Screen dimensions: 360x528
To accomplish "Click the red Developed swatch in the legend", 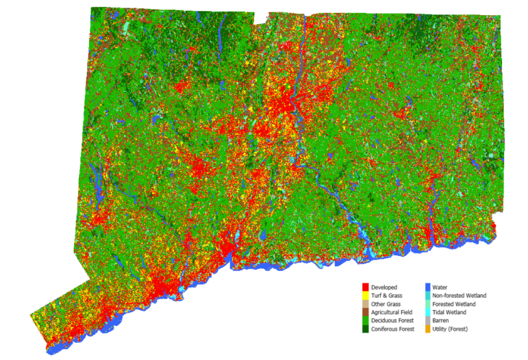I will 366,287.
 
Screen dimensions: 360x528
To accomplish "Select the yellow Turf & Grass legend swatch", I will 366,296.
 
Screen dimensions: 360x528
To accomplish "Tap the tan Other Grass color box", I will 366,304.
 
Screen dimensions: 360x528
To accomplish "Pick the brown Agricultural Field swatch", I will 366,312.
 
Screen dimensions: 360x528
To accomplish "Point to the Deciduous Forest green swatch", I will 366,320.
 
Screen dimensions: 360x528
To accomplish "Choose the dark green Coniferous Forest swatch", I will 366,329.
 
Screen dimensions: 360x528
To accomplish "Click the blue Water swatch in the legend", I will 427,287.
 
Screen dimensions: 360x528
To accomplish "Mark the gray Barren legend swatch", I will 427,320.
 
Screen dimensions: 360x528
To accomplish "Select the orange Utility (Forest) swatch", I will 427,329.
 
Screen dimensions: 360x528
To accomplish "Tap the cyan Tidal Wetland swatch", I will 427,312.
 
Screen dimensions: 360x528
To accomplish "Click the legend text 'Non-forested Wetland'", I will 460,296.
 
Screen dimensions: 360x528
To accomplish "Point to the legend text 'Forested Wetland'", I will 454,304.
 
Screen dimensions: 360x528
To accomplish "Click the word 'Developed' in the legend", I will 384,287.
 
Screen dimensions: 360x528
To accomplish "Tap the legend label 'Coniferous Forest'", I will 393,329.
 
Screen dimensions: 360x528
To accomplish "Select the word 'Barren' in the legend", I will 442,320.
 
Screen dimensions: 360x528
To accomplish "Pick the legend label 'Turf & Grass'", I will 387,296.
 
